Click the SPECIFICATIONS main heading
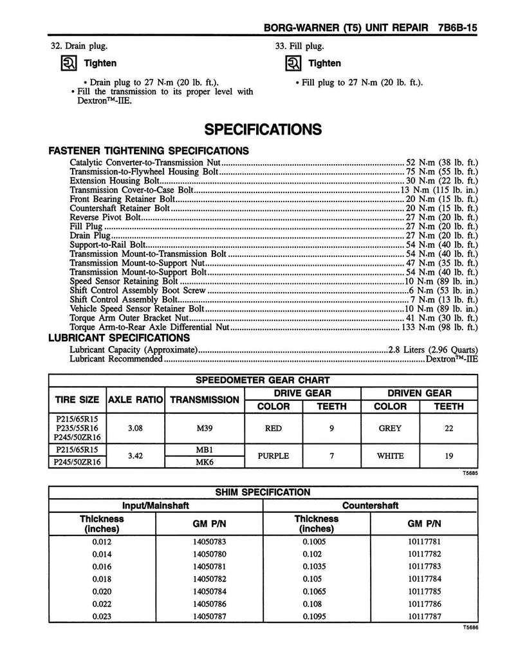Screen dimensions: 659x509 pos(263,129)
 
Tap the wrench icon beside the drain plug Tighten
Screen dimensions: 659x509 pos(69,64)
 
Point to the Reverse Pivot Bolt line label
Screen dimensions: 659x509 pos(105,218)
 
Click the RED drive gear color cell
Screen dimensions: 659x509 pos(273,428)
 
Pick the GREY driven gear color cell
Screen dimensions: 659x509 pos(390,428)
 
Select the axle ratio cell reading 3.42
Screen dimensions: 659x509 pos(135,456)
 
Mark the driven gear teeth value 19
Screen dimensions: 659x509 pos(449,456)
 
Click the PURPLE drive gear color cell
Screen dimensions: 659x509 pos(273,456)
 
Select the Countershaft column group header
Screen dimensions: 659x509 pos(371,506)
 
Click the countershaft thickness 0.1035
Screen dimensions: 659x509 pos(316,566)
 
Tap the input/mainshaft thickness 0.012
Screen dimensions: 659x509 pos(102,542)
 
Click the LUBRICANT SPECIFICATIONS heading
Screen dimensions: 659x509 pos(120,338)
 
